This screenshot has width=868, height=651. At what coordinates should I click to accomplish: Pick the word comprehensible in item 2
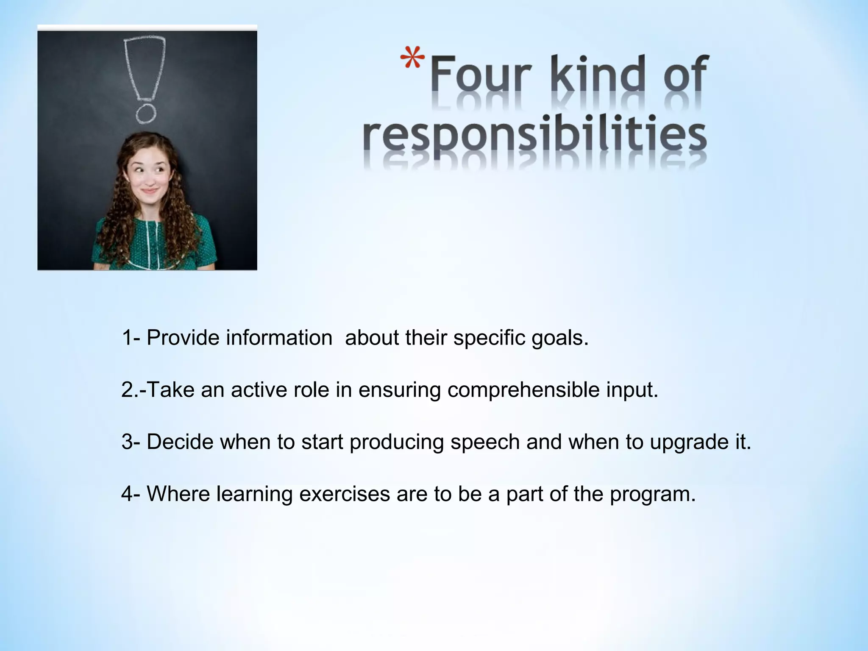[x=523, y=390]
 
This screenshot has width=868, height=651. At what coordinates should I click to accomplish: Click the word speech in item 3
[x=485, y=442]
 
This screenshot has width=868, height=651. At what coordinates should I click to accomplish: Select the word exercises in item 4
[x=344, y=494]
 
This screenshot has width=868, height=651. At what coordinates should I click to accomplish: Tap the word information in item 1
[x=279, y=338]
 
